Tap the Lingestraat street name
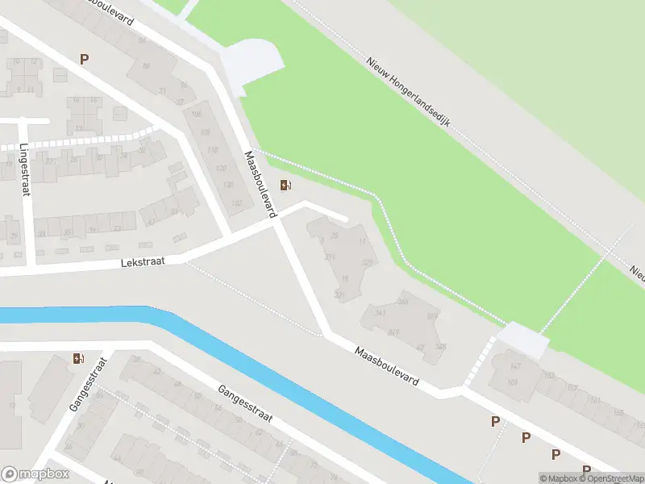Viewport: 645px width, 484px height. [24, 169]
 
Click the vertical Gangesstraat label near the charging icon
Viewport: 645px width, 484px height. [83, 384]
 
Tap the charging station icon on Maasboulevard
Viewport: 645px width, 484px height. [285, 186]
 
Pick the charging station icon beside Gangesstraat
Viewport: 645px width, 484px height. [77, 358]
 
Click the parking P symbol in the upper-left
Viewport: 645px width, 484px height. [84, 59]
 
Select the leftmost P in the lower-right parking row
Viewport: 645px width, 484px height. [496, 421]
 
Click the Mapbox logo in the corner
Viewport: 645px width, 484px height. [35, 474]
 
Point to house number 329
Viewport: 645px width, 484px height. [368, 263]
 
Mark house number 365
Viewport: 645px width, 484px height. [403, 301]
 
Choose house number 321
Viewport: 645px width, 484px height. [329, 257]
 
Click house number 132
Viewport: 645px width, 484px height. [236, 203]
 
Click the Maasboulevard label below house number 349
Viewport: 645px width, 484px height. [387, 365]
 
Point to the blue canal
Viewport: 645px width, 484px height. [242, 355]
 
